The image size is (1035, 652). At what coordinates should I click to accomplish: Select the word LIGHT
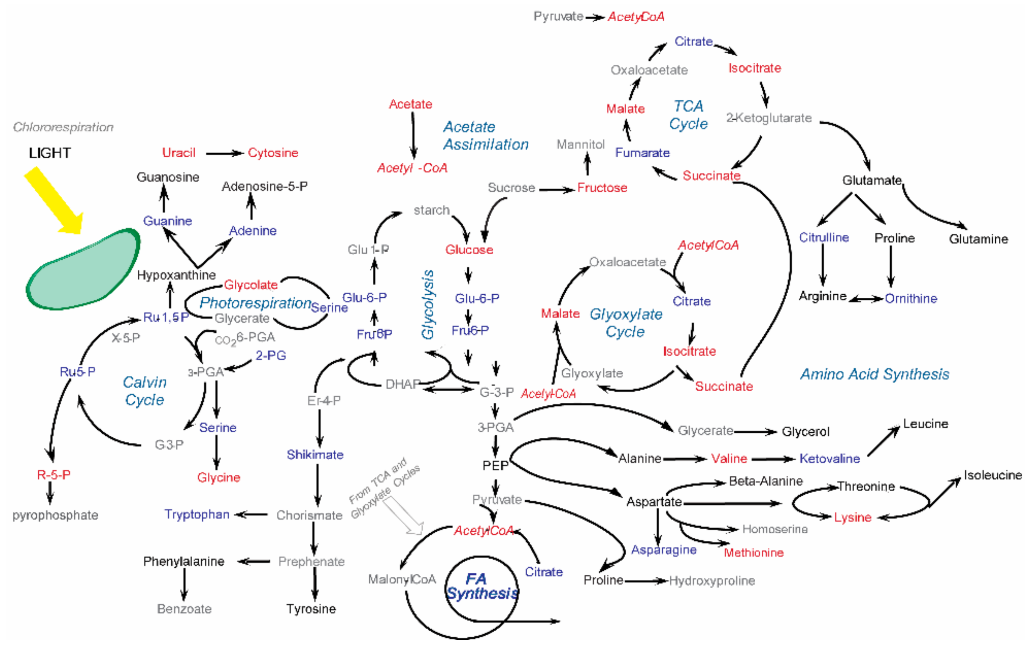tap(50, 153)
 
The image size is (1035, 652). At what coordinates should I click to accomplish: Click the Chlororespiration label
tap(63, 127)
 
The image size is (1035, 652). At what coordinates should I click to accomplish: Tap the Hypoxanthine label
tap(176, 275)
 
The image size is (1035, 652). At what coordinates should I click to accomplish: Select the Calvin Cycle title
tap(144, 391)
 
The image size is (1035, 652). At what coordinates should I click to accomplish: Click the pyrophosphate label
tap(55, 515)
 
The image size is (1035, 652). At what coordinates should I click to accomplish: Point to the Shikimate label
tap(315, 455)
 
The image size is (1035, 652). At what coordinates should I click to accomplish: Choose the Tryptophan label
tap(197, 515)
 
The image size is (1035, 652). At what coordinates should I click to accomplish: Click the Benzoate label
tap(184, 608)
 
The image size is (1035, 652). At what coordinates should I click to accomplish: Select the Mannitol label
tap(580, 144)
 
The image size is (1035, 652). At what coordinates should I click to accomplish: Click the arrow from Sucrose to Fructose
tap(557, 189)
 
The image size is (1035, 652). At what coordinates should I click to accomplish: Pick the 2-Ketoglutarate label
tap(769, 118)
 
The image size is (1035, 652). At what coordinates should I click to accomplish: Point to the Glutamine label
tap(978, 239)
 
